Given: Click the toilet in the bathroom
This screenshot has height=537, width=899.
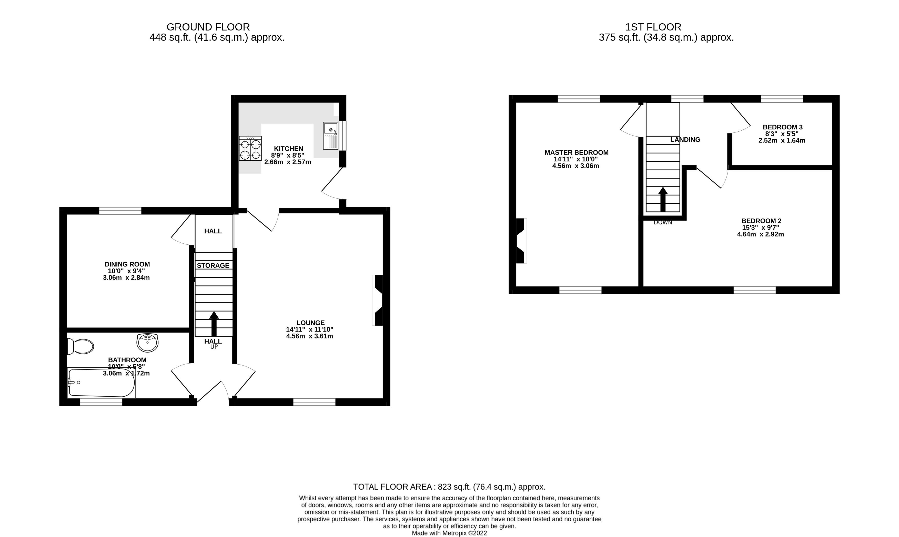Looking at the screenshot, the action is [80, 347].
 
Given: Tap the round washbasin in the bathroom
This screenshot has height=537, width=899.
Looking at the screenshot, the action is [147, 343].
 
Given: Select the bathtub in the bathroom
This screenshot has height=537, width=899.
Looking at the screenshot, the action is [101, 383].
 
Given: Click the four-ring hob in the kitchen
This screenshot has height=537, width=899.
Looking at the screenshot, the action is [250, 148].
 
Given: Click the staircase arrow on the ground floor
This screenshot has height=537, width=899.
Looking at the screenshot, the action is [214, 324].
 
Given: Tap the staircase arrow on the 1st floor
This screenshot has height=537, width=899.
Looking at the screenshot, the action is [663, 199].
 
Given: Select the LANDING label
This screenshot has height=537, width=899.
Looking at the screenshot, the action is [685, 140].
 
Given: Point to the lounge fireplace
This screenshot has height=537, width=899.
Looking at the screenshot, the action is [378, 300].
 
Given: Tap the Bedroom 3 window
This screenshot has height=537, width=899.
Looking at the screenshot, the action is [782, 99].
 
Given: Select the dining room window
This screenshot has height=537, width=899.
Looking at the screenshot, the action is [120, 211].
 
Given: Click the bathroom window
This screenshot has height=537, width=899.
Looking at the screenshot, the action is [101, 402].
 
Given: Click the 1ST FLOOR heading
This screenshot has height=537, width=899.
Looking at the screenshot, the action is [653, 27].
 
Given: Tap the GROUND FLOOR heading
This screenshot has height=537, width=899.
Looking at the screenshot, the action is [208, 27].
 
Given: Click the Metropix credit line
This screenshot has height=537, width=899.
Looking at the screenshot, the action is [449, 533].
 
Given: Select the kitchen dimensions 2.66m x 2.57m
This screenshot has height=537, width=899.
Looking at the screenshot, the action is [287, 162].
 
